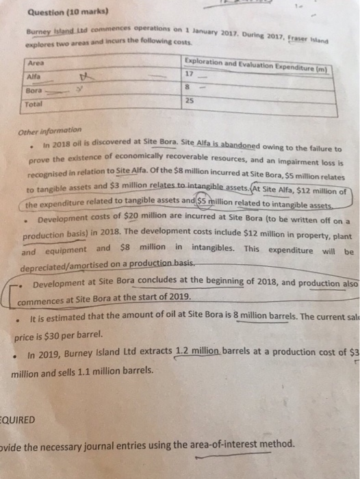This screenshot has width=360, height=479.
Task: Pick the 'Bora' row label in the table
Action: pos(33,90)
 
